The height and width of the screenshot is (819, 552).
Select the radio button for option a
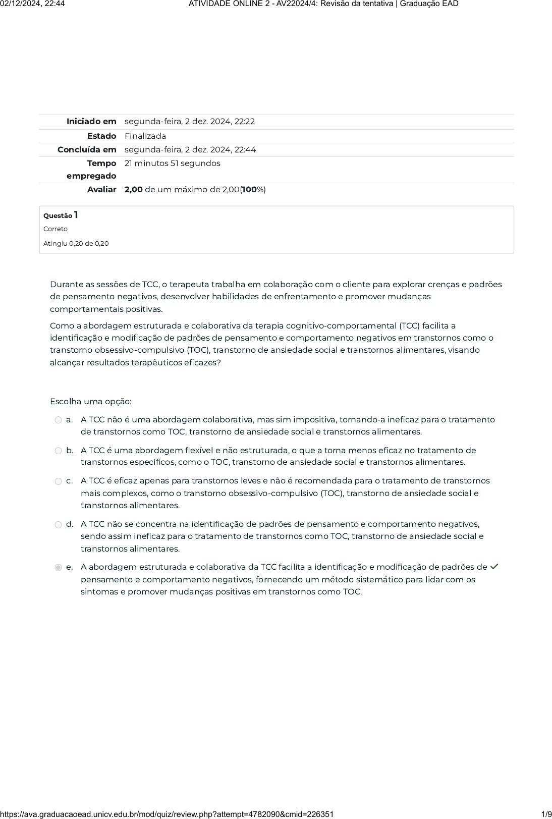pyautogui.click(x=58, y=420)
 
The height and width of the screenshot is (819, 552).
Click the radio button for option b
pyautogui.click(x=58, y=451)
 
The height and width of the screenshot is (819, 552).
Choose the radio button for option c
pyautogui.click(x=58, y=481)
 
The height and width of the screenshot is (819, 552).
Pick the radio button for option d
pyautogui.click(x=58, y=525)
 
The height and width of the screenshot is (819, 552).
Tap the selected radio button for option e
pyautogui.click(x=58, y=568)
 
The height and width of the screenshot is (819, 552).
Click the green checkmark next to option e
pyautogui.click(x=494, y=567)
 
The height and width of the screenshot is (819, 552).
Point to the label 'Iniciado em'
pyautogui.click(x=91, y=122)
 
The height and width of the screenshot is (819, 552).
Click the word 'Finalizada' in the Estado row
pyautogui.click(x=145, y=136)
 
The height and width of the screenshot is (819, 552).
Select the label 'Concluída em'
pyautogui.click(x=87, y=150)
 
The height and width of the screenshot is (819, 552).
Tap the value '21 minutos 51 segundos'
pyautogui.click(x=173, y=163)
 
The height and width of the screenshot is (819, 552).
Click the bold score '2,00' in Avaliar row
pyautogui.click(x=134, y=190)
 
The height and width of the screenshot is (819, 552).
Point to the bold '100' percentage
pyautogui.click(x=249, y=190)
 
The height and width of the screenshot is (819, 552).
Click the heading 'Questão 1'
pyautogui.click(x=61, y=215)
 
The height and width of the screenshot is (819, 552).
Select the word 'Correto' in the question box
pyautogui.click(x=56, y=229)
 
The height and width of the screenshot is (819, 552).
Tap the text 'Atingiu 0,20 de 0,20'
pyautogui.click(x=76, y=244)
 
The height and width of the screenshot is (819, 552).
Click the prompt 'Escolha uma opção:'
pyautogui.click(x=91, y=402)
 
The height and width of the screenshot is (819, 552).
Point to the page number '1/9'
pyautogui.click(x=546, y=814)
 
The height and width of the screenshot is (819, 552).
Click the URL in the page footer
pyautogui.click(x=167, y=814)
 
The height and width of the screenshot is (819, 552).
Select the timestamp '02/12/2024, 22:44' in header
pyautogui.click(x=33, y=4)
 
